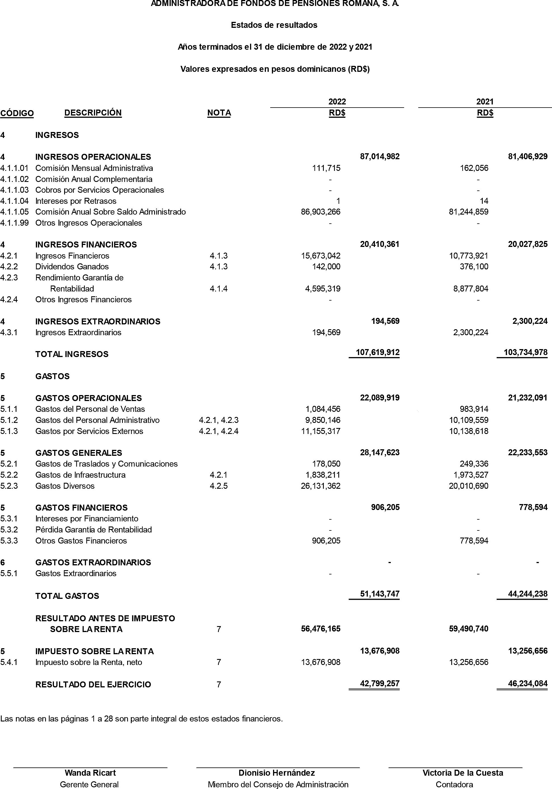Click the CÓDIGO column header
tap(17, 113)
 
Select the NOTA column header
tap(219, 113)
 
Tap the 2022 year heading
tap(337, 101)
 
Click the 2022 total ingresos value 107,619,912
tap(377, 352)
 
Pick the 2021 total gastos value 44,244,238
tap(528, 594)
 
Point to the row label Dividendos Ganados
tap(72, 267)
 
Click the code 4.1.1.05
tap(14, 212)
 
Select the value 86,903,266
tap(321, 212)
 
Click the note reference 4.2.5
tap(219, 486)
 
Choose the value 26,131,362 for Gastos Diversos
tap(321, 486)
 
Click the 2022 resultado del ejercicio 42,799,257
tap(380, 683)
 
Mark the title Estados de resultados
tap(274, 25)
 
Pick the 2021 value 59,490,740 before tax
tap(469, 629)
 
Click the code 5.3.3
tap(9, 541)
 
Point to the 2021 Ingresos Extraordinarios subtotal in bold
tap(530, 321)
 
